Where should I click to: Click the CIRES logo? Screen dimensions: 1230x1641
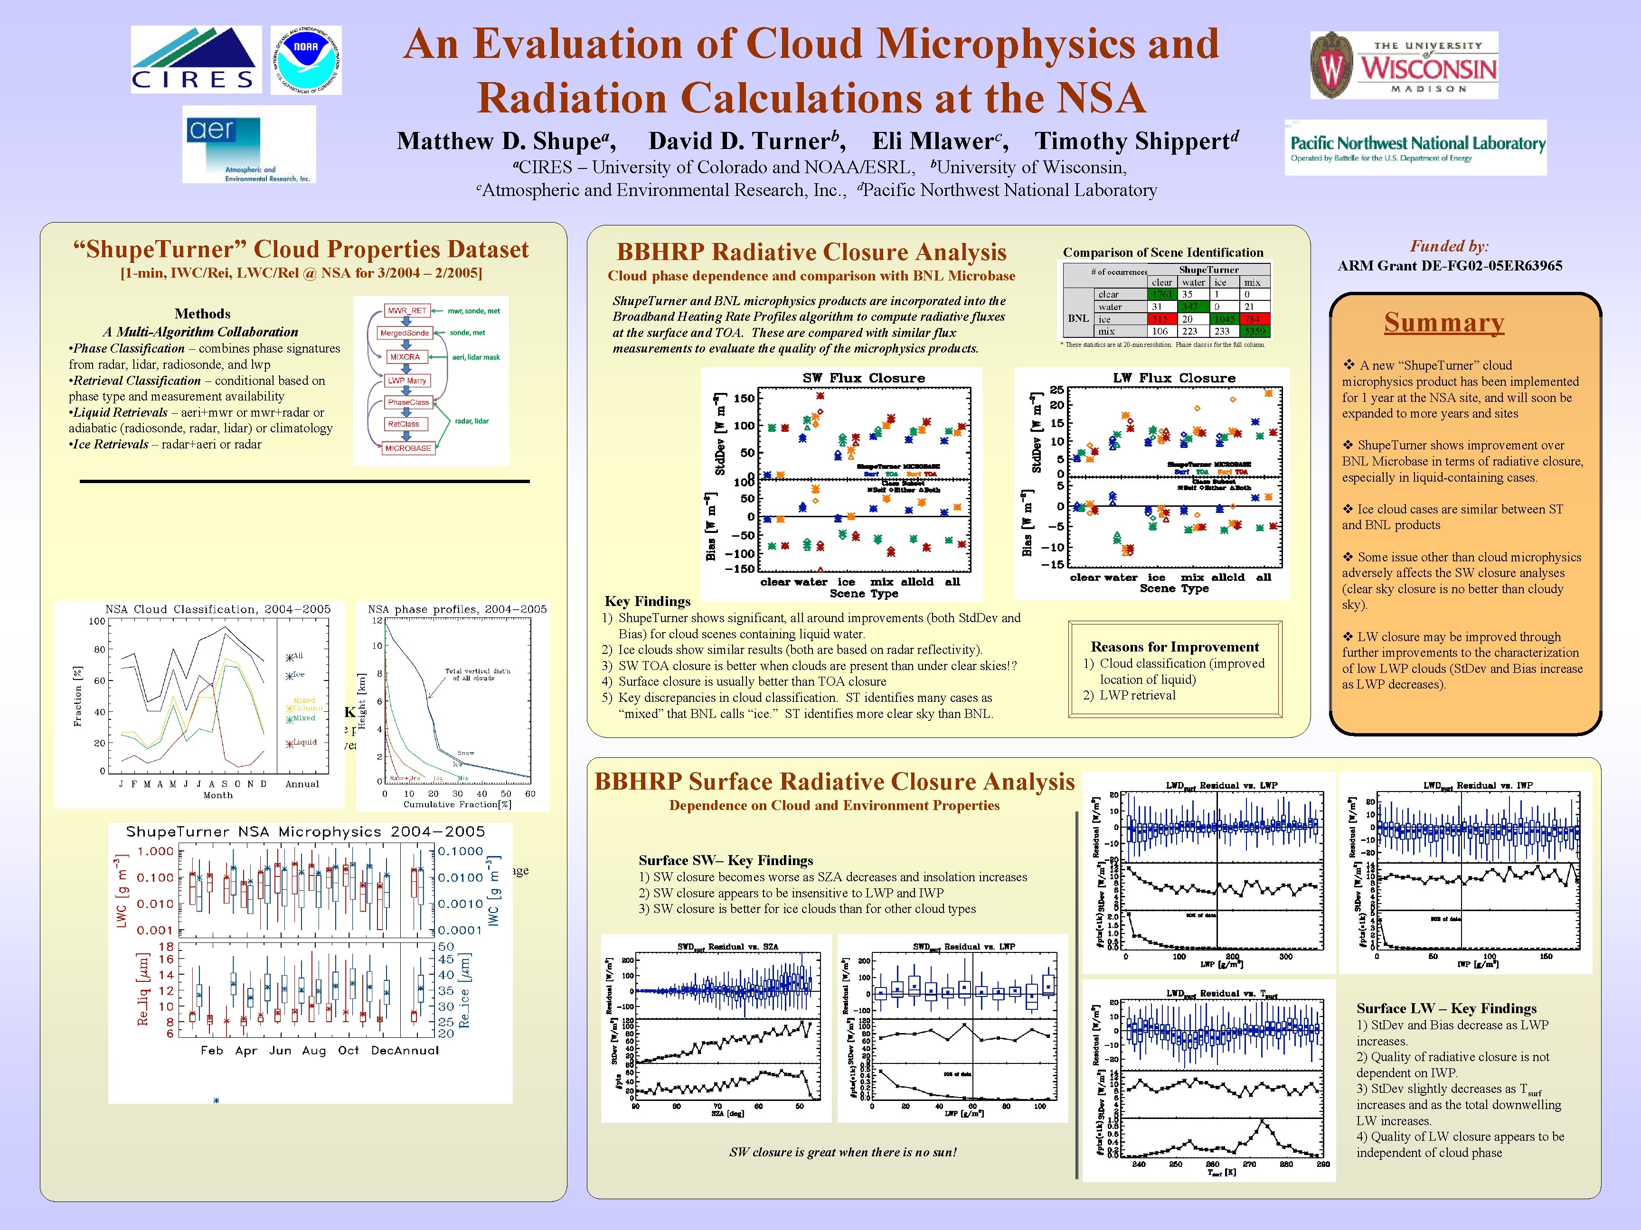click(x=196, y=59)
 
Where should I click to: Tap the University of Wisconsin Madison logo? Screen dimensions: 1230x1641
click(x=1404, y=65)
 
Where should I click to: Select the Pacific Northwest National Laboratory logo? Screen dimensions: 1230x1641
click(x=1415, y=148)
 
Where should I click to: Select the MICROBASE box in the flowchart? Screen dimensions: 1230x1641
click(x=407, y=448)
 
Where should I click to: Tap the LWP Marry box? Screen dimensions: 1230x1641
click(x=406, y=381)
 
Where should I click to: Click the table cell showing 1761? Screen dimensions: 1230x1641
click(x=1162, y=294)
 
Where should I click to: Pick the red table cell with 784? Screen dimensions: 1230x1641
click(x=1252, y=319)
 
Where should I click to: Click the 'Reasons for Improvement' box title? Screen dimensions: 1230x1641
click(x=1174, y=646)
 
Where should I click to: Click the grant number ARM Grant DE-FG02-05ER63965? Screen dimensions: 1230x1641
click(x=1450, y=265)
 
